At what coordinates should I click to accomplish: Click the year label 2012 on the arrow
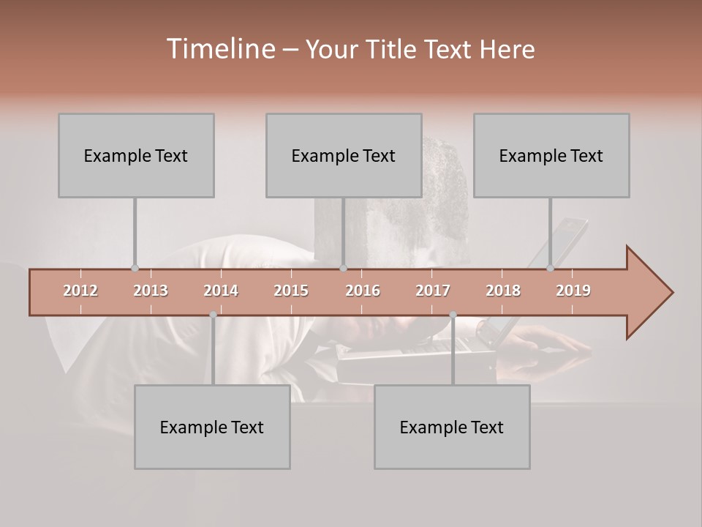point(80,291)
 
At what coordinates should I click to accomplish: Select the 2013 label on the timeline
point(151,291)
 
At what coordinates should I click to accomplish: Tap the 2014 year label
point(221,291)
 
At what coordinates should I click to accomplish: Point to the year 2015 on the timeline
point(291,291)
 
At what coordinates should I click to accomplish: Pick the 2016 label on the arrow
point(363,291)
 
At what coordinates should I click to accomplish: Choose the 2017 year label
point(433,291)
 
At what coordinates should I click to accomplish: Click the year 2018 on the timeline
point(503,291)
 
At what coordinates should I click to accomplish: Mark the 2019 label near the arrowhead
point(573,291)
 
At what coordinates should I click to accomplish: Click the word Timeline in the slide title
point(219,49)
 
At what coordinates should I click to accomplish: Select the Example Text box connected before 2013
point(136,155)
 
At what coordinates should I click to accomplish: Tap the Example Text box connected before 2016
point(344,155)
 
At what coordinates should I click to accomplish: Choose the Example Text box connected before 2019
point(551,155)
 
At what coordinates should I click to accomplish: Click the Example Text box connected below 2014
point(212,427)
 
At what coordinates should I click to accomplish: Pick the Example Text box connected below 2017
point(452,427)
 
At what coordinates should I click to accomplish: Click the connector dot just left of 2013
point(135,268)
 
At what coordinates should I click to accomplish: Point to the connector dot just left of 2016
point(343,268)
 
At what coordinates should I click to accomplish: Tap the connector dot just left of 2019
point(550,268)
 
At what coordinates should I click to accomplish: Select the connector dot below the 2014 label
point(213,315)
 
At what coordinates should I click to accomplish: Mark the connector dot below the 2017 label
point(453,315)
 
